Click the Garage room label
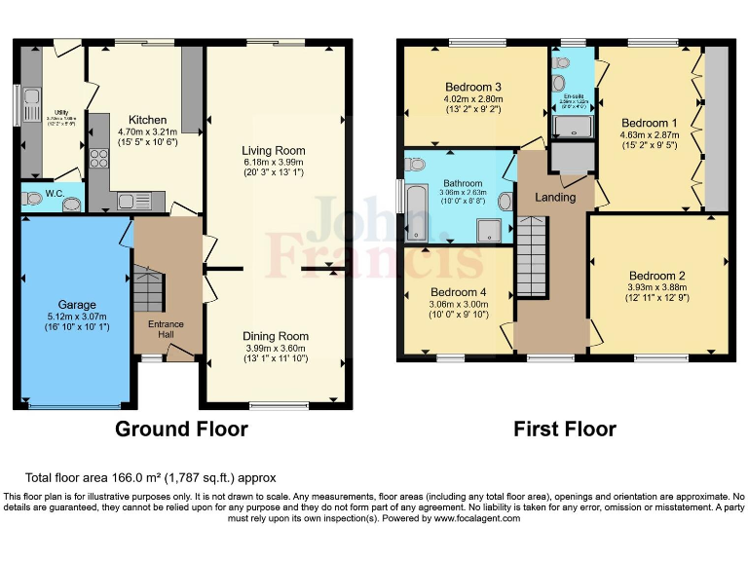(x=77, y=304)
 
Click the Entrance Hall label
(x=166, y=329)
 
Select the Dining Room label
(x=275, y=336)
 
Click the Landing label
(x=555, y=197)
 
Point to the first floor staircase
(x=533, y=258)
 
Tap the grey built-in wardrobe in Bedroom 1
(x=716, y=127)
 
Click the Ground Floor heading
(x=181, y=429)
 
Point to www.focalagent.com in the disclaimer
(x=473, y=518)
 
